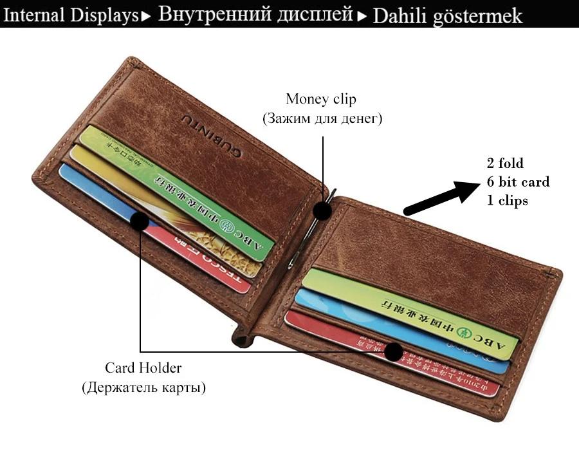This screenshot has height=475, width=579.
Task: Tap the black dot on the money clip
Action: coord(322,210)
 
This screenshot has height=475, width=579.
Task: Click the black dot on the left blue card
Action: coord(140,221)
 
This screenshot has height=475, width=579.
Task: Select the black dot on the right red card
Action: coord(393,352)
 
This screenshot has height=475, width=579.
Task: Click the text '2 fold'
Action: coord(504,163)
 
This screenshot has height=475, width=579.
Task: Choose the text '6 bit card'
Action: coord(518,182)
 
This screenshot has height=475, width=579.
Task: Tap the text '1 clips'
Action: coord(507,201)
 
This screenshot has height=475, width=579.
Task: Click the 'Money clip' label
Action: coord(320,99)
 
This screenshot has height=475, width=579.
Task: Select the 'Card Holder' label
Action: coord(143,368)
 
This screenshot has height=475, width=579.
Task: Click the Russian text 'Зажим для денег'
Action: coord(321,119)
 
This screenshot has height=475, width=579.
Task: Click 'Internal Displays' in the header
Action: coord(70,15)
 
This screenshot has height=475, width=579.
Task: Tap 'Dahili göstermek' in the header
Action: coord(447,15)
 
